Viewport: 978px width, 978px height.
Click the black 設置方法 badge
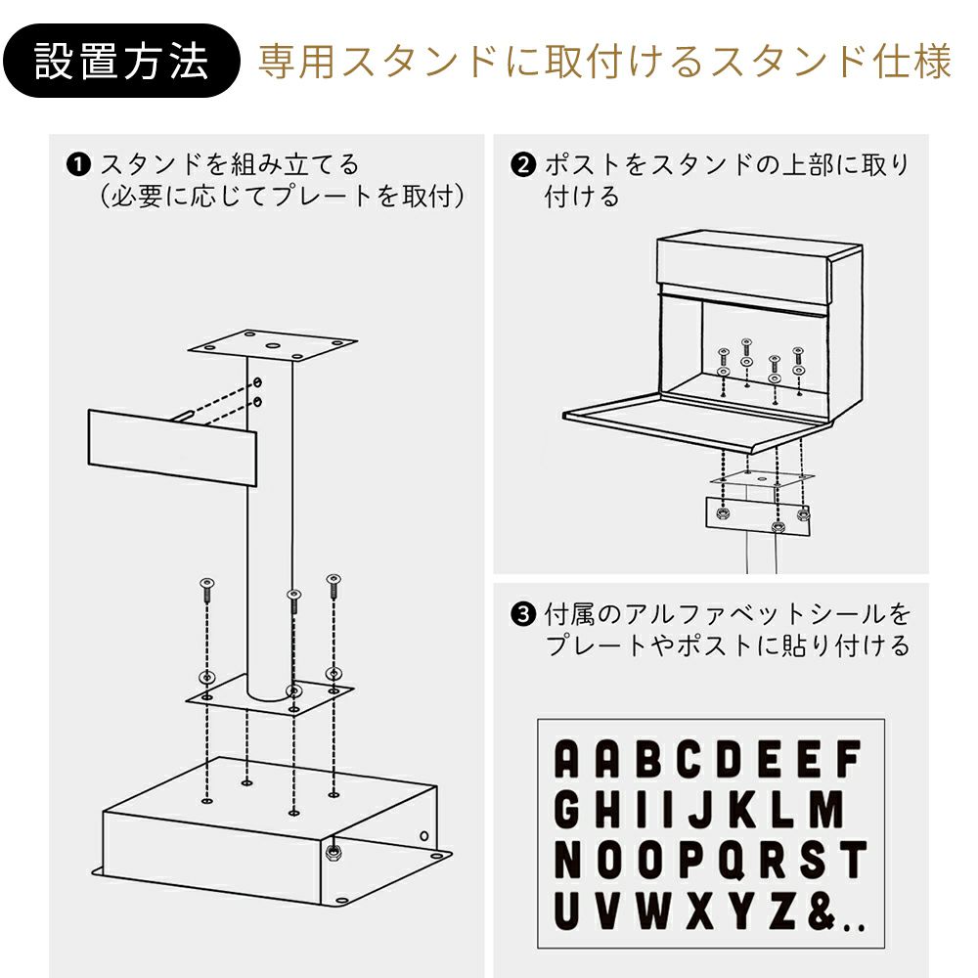[x=121, y=61]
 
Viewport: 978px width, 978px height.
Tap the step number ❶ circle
[x=78, y=165]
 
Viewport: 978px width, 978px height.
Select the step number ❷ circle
[x=522, y=165]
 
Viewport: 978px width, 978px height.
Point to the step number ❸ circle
[x=522, y=614]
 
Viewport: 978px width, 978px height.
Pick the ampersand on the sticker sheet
[x=821, y=911]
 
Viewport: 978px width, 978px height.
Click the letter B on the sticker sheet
[x=649, y=759]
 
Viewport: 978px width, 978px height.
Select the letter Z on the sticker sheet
[x=782, y=911]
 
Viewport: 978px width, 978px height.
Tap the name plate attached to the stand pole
[x=172, y=447]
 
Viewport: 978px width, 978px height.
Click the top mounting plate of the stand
[x=273, y=346]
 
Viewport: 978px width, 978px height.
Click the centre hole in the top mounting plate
[x=273, y=345]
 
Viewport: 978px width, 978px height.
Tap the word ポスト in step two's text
[x=583, y=165]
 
